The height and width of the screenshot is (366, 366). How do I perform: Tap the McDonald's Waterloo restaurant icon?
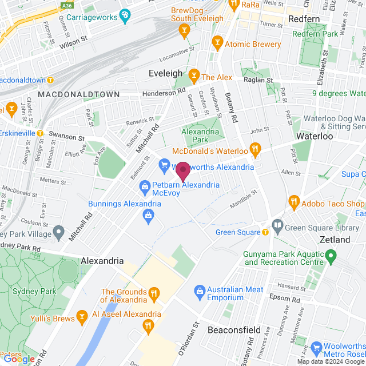click(256, 151)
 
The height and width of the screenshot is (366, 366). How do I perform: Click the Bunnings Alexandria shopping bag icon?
click(148, 215)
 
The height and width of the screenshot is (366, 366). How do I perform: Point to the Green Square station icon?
click(265, 232)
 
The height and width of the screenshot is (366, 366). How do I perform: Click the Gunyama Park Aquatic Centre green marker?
click(331, 254)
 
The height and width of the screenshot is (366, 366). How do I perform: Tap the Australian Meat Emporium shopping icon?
click(200, 291)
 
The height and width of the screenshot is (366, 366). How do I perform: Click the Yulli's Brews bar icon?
click(82, 315)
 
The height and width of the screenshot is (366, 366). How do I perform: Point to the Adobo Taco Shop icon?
click(294, 201)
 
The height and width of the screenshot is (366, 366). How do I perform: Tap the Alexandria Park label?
click(200, 135)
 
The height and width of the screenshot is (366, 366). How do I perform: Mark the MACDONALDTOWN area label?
click(79, 94)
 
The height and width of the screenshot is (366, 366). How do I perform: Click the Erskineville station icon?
click(40, 133)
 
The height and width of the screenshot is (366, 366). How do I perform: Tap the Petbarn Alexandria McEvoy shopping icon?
click(145, 186)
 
